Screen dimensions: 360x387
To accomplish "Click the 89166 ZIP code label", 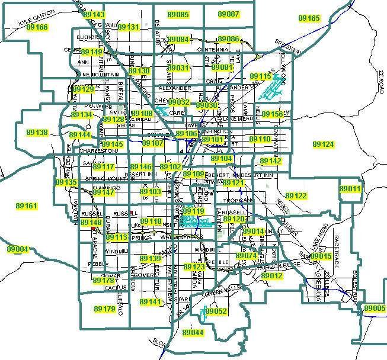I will pyautogui.click(x=37, y=28).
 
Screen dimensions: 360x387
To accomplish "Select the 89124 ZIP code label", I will pyautogui.click(x=323, y=144).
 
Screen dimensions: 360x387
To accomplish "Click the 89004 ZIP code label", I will pyautogui.click(x=18, y=249).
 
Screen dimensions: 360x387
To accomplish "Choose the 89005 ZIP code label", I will pyautogui.click(x=375, y=308).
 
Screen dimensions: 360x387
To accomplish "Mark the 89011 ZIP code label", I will pyautogui.click(x=350, y=188).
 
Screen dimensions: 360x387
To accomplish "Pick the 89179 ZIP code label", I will pyautogui.click(x=104, y=309).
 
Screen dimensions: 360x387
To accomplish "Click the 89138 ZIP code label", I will pyautogui.click(x=37, y=133).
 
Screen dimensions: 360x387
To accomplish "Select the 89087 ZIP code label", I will pyautogui.click(x=228, y=14).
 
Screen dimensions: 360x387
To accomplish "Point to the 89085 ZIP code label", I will pyautogui.click(x=178, y=14).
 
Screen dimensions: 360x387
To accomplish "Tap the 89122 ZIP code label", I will pyautogui.click(x=296, y=196).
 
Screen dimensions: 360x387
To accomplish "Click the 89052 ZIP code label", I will pyautogui.click(x=217, y=311).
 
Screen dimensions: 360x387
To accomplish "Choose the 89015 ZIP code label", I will pyautogui.click(x=321, y=256).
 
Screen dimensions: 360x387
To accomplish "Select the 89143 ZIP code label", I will pyautogui.click(x=94, y=14).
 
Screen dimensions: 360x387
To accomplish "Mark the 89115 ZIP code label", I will pyautogui.click(x=260, y=77).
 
